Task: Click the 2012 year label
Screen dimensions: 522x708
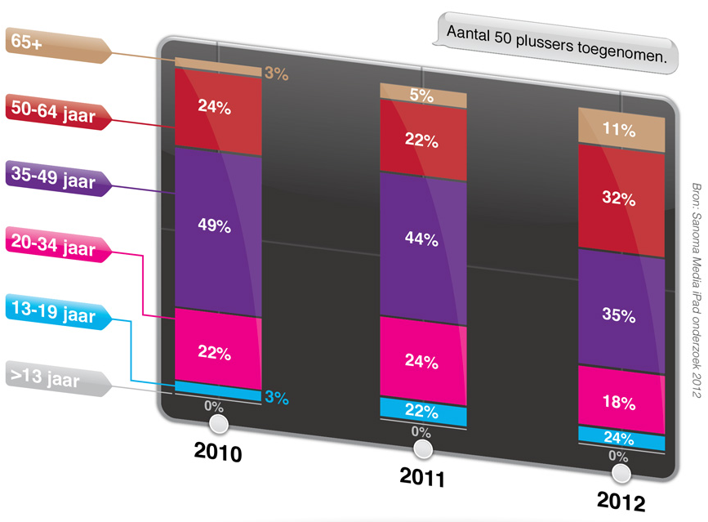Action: point(621,500)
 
